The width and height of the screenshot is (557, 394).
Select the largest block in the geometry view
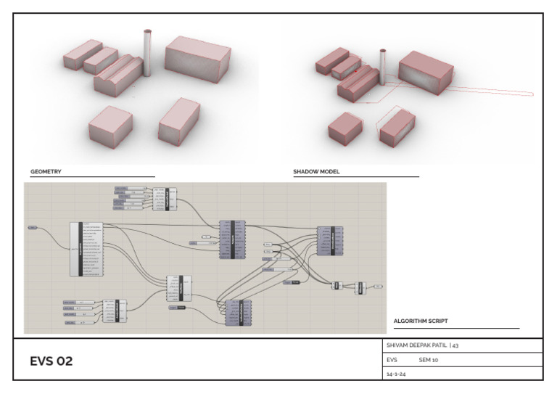197,57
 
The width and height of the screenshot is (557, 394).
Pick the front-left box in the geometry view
110,124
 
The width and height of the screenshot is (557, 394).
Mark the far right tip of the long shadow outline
534,94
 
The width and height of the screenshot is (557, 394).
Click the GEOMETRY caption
46,172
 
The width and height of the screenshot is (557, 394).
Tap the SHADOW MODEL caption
316,172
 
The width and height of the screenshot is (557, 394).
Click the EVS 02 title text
51,361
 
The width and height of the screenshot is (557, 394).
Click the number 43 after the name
455,345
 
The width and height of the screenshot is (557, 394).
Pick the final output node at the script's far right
379,287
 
